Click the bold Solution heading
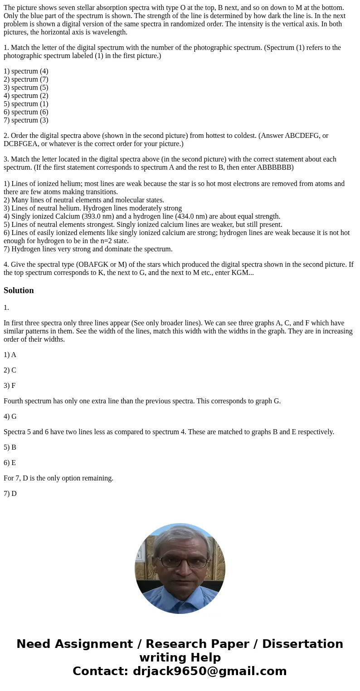coord(19,290)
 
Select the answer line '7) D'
coord(10,494)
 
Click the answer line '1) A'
coord(10,355)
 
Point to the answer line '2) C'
coord(10,370)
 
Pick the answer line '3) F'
coord(10,386)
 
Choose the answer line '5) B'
coord(10,447)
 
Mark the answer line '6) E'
coord(10,463)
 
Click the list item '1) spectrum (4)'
coord(26,71)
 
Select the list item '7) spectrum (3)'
coord(26,120)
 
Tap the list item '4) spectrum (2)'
coord(26,96)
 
